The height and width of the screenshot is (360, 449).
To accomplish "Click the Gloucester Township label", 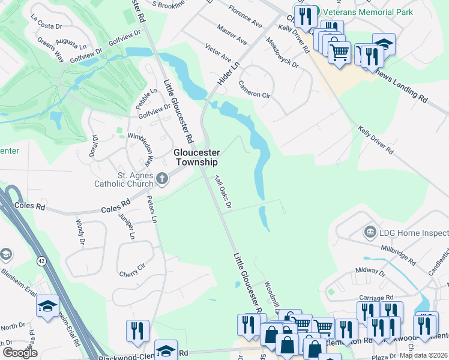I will point(196,157).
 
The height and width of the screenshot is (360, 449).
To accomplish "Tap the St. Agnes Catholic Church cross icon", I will point(161,178).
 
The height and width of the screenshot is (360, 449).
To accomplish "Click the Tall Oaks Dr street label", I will point(223,193).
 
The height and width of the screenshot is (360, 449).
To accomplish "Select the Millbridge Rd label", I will point(398,255).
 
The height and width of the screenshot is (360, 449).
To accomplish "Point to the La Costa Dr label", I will point(46,23).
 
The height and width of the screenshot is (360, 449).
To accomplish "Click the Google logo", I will point(20,352).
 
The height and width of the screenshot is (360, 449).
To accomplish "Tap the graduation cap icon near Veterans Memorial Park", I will point(384,44).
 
